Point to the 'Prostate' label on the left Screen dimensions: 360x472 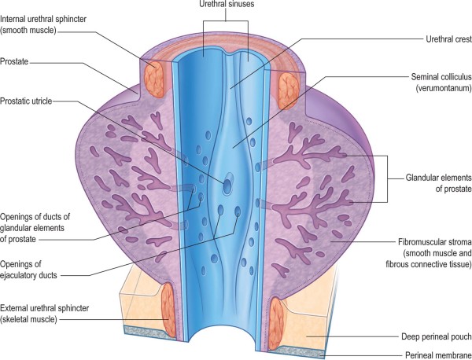click(x=17, y=61)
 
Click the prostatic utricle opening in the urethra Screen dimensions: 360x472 click(x=227, y=186)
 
